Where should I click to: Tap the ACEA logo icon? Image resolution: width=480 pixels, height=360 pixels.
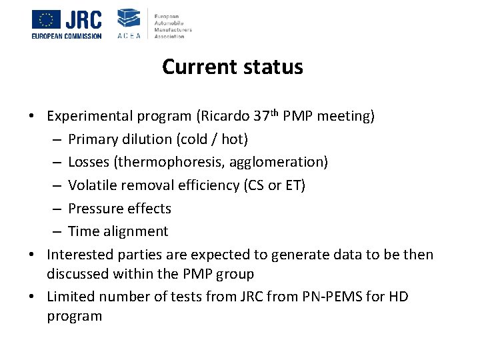click(x=129, y=20)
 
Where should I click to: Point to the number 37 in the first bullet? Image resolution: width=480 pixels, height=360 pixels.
click(x=261, y=116)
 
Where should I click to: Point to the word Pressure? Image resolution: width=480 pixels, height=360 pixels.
click(x=95, y=209)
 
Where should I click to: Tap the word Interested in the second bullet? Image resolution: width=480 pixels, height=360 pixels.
click(x=81, y=255)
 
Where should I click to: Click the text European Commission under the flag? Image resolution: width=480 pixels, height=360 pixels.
click(x=67, y=36)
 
